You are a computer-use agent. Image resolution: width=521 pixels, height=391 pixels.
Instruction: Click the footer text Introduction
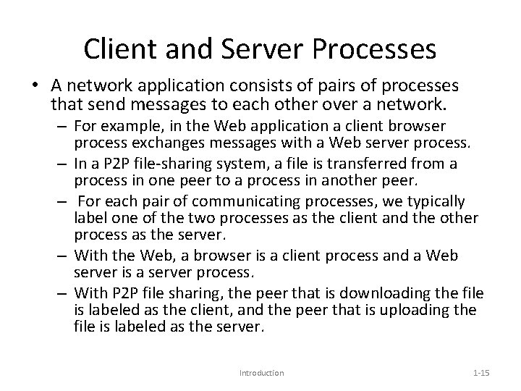pyautogui.click(x=261, y=373)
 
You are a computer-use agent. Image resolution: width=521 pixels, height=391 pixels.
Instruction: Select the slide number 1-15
pyautogui.click(x=480, y=373)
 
